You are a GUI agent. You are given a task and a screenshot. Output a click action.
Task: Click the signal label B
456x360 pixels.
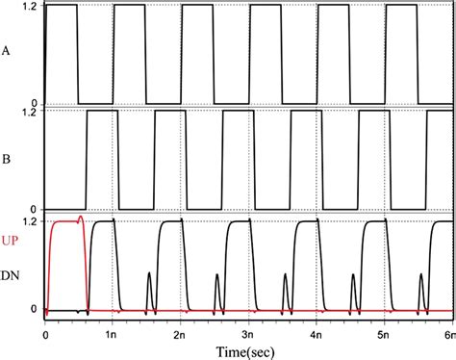(x=9, y=157)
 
